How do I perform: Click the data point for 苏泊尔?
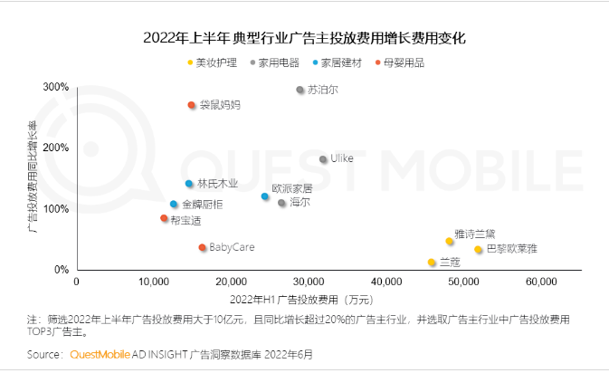tap(300, 91)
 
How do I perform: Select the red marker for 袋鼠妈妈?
tap(191, 105)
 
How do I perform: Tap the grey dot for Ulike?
tap(323, 159)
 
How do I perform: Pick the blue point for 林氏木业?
tap(189, 184)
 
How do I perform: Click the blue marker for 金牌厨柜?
tap(174, 205)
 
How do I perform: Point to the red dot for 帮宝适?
tap(164, 218)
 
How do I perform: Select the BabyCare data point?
tap(202, 247)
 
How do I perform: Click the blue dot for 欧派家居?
tap(265, 196)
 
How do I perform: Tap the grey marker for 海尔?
tap(282, 203)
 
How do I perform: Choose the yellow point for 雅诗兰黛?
tap(450, 241)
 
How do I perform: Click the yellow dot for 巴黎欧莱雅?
tap(479, 250)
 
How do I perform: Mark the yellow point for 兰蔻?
tap(432, 263)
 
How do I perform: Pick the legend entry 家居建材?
tap(339, 63)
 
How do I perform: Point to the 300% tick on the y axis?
tap(55, 88)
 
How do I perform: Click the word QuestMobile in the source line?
tap(103, 354)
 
